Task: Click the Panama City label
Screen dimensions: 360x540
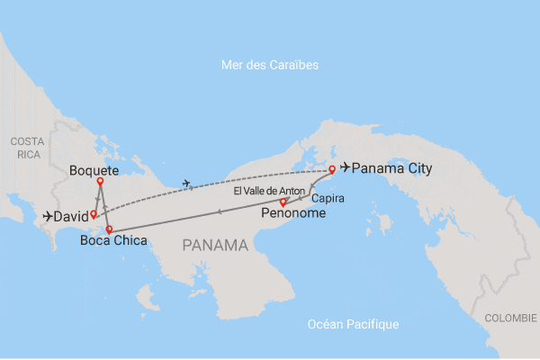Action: pos(391,168)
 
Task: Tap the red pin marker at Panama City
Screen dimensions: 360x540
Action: pos(332,169)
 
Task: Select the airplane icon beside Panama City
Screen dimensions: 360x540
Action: pos(345,168)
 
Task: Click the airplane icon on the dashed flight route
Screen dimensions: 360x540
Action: pos(186,184)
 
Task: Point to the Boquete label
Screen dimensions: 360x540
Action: pos(94,169)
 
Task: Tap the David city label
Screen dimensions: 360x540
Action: pos(71,217)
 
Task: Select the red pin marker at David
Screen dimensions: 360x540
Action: pos(93,214)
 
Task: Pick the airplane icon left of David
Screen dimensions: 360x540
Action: pos(49,217)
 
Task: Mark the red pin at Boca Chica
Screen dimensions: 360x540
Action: pos(109,229)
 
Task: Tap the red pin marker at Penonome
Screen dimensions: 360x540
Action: pos(283,202)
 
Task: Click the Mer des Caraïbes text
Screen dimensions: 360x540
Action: pos(270,66)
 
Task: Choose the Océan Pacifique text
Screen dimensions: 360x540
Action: pos(353,324)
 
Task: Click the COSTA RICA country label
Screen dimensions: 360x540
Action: pos(27,148)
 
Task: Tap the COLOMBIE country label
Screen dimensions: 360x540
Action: pos(510,318)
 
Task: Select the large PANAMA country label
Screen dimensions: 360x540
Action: pos(215,245)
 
